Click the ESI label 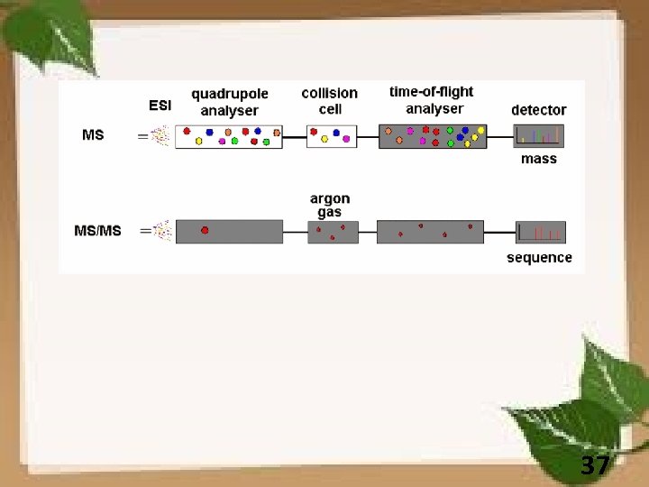pos(160,106)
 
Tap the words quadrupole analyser pos(229,102)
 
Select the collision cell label pos(329,100)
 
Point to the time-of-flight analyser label pos(431,99)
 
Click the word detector pos(538,110)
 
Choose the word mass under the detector pos(539,159)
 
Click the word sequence pos(539,258)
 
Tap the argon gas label pos(330,205)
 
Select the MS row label pos(93,135)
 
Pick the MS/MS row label pos(97,231)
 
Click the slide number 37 pos(594,466)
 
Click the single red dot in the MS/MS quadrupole pos(205,231)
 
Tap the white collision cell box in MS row pos(331,136)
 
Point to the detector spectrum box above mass pos(539,136)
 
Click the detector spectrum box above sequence pos(540,233)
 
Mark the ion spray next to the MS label pos(160,136)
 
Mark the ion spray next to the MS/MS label pos(161,231)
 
